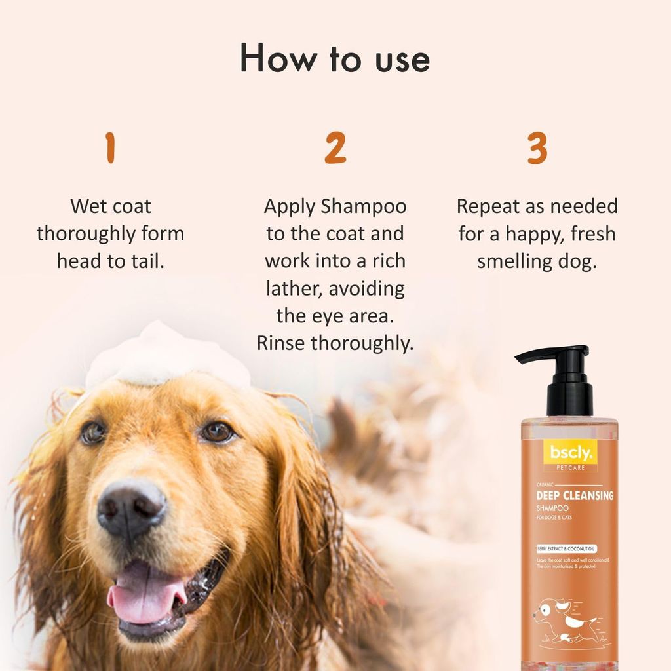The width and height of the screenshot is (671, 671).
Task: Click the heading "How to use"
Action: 335,59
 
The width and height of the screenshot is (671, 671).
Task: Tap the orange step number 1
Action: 110,149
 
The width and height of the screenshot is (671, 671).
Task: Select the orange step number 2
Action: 335,149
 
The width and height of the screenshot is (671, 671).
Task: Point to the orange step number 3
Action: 537,149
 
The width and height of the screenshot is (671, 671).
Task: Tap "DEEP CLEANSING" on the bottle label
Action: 575,496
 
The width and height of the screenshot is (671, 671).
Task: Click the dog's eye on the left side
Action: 93,432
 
